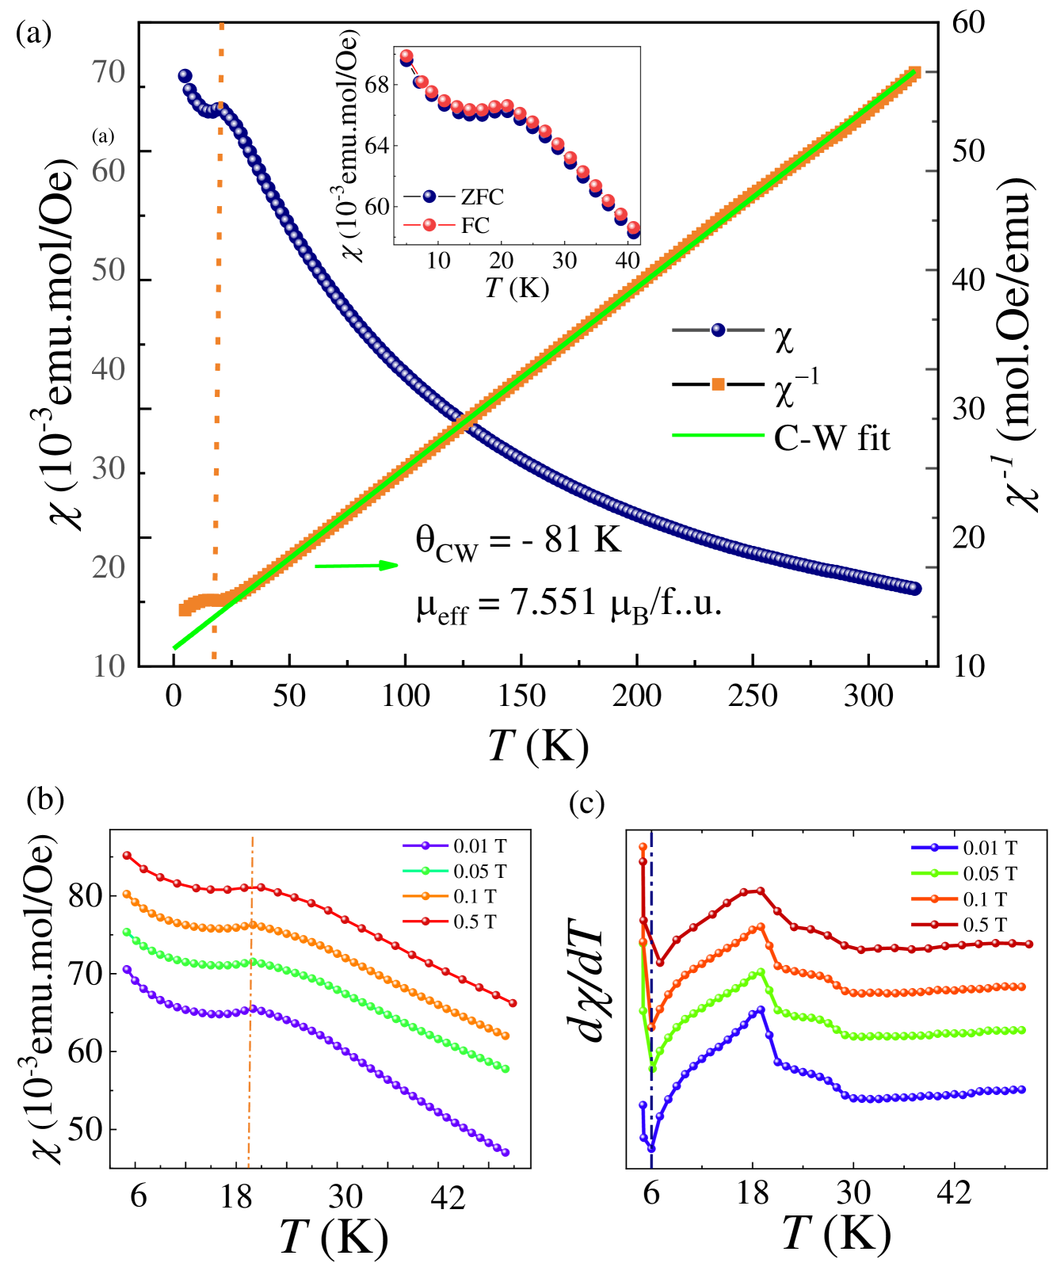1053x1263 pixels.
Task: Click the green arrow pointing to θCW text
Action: click(x=357, y=566)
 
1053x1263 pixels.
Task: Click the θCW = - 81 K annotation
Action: click(x=519, y=542)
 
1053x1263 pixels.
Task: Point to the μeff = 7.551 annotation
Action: click(x=569, y=605)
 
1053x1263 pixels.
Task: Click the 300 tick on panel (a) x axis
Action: click(x=869, y=696)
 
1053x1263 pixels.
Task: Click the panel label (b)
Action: click(x=45, y=798)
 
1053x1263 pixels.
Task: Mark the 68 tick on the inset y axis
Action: click(x=378, y=85)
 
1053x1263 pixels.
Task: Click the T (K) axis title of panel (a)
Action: click(x=538, y=744)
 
